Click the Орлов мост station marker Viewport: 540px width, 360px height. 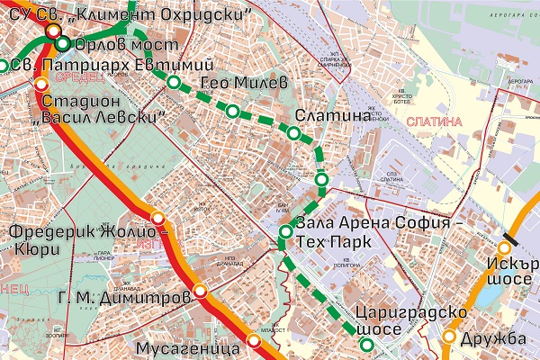62,43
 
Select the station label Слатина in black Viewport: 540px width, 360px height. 333,116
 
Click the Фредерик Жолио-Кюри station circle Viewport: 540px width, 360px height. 158,218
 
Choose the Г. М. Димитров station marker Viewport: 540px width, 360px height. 200,291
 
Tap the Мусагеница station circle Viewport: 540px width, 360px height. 254,339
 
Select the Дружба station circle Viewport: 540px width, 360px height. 448,337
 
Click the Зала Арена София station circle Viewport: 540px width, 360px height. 285,234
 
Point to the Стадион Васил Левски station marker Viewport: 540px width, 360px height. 40,84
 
